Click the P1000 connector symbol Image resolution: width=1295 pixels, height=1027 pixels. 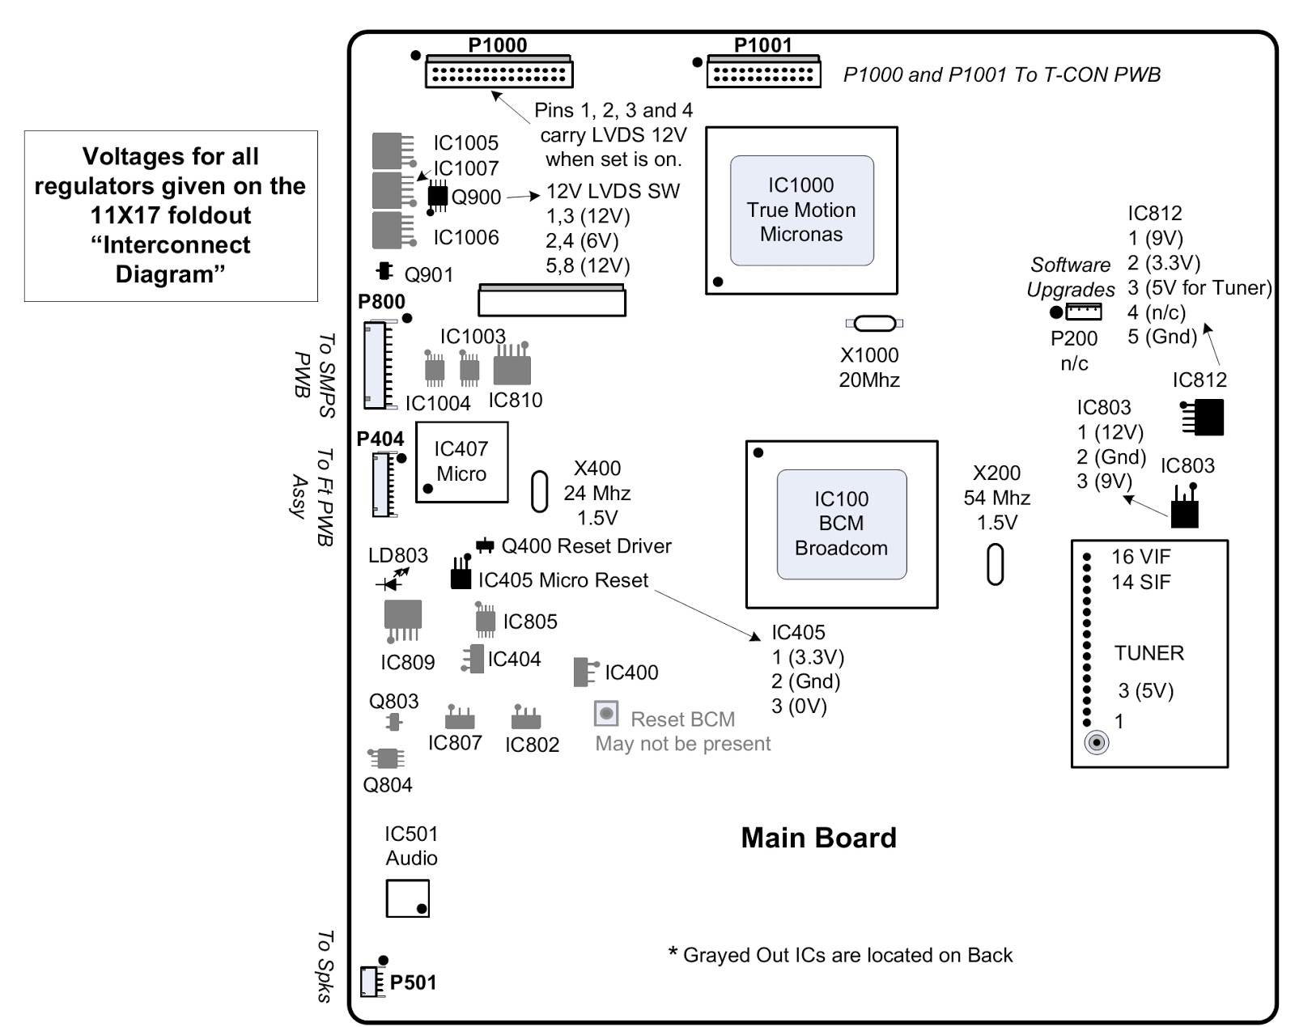point(499,73)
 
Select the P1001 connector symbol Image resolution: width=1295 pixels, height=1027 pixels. point(763,73)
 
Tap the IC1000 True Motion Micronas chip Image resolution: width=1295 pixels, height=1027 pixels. point(801,210)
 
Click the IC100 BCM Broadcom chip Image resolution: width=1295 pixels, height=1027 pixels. point(841,524)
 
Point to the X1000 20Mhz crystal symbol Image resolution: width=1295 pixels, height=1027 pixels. point(874,324)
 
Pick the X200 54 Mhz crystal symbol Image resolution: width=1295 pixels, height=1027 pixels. point(996,564)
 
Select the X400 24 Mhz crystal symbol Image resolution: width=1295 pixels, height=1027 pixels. point(539,491)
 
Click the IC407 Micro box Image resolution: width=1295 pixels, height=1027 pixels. point(461,462)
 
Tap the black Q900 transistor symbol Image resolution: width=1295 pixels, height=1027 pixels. point(437,196)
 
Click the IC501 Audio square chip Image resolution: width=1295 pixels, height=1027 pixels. point(407,898)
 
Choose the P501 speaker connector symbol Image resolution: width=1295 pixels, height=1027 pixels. point(372,982)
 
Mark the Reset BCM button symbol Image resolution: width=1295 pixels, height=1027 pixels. point(606,714)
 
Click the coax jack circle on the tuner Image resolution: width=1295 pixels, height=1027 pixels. point(1096,742)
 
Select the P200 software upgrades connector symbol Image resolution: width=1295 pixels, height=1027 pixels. point(1083,312)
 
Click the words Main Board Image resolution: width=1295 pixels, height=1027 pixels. point(818,838)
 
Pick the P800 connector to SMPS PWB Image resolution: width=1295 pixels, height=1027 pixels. point(376,365)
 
